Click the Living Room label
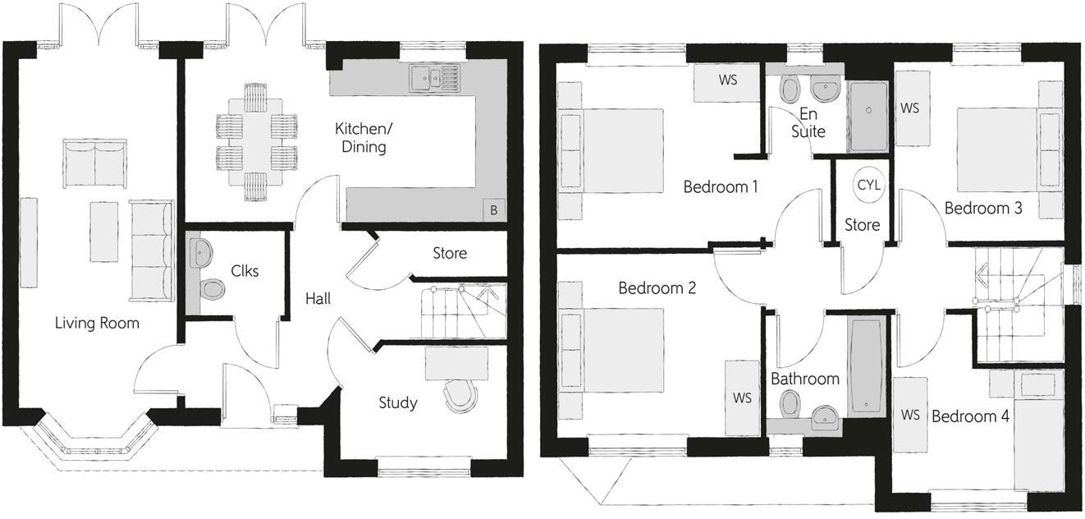(97, 323)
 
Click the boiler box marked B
(493, 210)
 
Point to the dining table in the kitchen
(256, 140)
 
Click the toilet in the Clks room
(213, 289)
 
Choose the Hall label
(318, 299)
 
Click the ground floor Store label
(449, 253)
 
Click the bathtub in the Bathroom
(866, 365)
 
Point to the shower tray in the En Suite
(868, 116)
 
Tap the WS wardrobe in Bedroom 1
(727, 81)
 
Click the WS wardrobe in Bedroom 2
(742, 398)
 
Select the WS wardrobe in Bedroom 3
(911, 108)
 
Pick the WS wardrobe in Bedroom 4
(910, 415)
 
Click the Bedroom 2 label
(657, 288)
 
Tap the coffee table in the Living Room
(104, 232)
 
